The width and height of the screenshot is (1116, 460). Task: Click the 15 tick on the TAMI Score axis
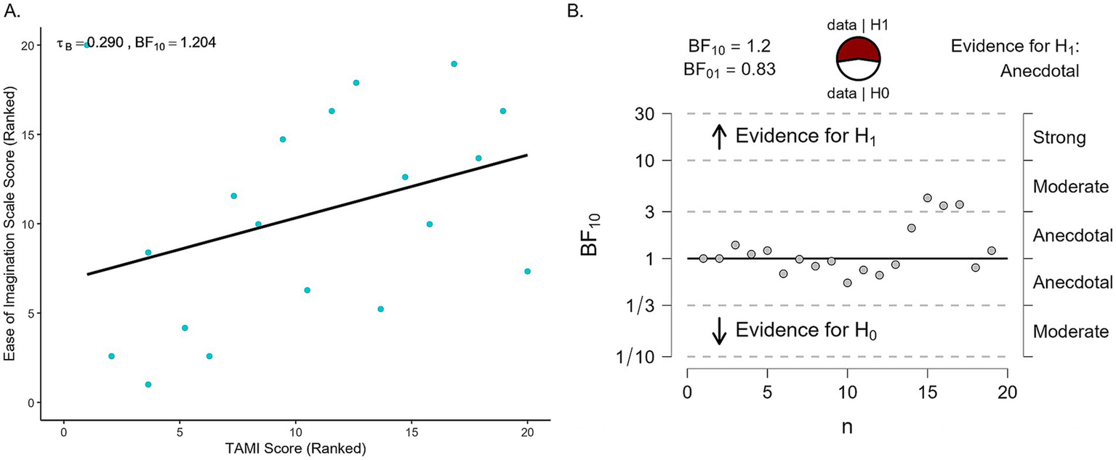tap(412, 430)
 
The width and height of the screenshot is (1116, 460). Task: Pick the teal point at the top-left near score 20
tap(87, 45)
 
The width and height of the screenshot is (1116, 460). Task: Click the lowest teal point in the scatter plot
tap(148, 384)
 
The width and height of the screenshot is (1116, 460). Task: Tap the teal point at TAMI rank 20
tap(527, 271)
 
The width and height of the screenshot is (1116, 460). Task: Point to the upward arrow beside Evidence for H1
tap(718, 136)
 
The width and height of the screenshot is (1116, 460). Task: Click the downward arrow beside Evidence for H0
tap(718, 331)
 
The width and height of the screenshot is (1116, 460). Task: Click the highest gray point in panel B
tap(927, 198)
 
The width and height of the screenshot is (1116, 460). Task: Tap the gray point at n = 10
tap(847, 283)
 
